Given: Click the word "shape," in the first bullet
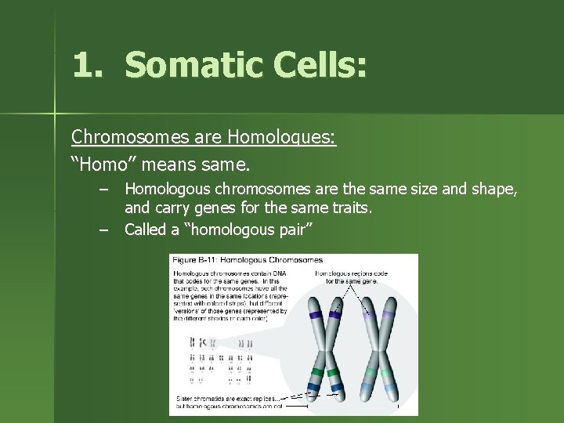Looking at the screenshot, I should [x=492, y=189].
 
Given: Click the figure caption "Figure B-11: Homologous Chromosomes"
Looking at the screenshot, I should [x=248, y=260].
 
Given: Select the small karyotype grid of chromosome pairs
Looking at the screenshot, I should [x=222, y=360].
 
